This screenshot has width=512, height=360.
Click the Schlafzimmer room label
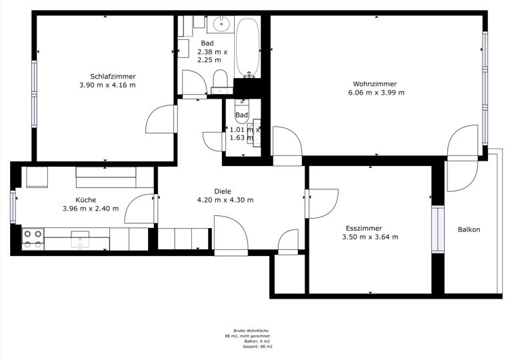113,77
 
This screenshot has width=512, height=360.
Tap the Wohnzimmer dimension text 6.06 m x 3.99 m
376,93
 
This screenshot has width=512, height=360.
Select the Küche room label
86,199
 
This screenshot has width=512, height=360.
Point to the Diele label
223,191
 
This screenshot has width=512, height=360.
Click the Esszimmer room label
364,229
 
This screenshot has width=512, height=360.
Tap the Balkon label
469,229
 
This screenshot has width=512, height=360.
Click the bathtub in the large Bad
248,48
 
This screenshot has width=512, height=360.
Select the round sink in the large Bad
222,24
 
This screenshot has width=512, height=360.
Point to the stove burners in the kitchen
33,239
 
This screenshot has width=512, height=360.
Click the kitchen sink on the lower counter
80,240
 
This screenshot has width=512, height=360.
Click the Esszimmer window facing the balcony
438,229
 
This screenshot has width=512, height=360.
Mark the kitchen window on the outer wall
13,207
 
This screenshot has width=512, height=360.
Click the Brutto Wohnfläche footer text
251,331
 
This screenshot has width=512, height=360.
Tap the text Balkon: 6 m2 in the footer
257,341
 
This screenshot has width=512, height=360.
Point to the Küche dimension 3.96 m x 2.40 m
91,209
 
